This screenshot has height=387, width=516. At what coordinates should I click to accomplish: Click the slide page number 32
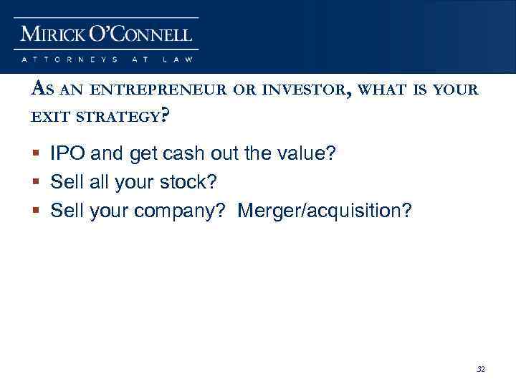point(481,370)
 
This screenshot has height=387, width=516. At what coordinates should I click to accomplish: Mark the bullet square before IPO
point(37,153)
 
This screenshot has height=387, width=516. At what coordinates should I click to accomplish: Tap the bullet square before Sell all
point(37,183)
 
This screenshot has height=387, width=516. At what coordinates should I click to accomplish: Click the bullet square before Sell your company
point(37,212)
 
